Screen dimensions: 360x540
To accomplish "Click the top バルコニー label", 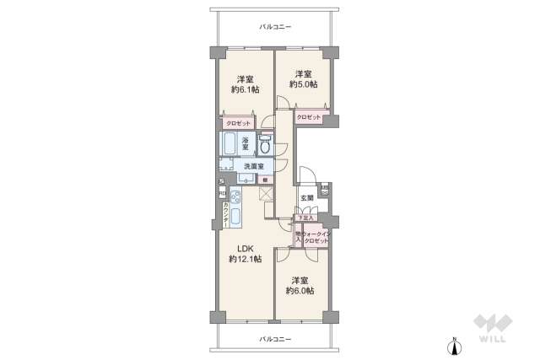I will pos(274,27).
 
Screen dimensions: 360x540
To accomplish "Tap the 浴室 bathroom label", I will pos(246,144).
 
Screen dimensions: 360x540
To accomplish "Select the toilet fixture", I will pos(265,145).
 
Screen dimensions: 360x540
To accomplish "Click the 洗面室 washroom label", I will pos(254,166).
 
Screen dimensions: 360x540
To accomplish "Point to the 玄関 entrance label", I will pos(307,198).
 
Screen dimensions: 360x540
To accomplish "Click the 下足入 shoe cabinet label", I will pos(303,218).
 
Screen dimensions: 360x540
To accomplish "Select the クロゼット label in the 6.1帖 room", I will pos(238,123).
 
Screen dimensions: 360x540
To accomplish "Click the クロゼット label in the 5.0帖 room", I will pos(309,117).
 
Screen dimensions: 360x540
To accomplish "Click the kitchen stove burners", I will pos(236,198).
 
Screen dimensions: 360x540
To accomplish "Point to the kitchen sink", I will pos(236,217).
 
